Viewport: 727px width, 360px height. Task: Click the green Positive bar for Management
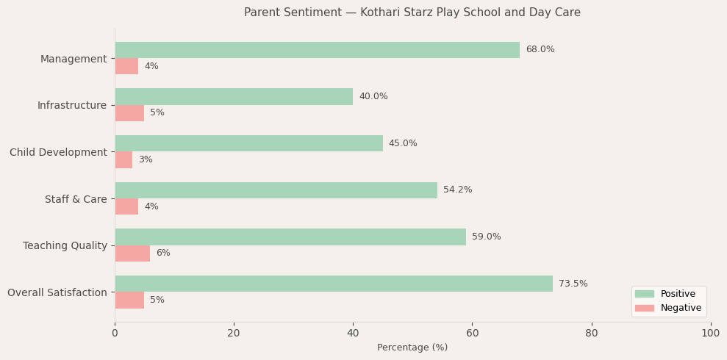click(317, 50)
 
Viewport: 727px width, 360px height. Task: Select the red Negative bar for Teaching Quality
click(132, 253)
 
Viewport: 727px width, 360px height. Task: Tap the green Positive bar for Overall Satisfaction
click(334, 284)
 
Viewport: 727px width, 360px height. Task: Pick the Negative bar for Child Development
click(123, 160)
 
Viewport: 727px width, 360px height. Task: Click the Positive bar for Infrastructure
click(234, 97)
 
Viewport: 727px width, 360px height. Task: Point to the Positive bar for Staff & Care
click(276, 190)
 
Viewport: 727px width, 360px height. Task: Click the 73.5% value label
click(573, 284)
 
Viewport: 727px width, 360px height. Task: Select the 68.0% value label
click(540, 50)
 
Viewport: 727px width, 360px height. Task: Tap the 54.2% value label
click(457, 190)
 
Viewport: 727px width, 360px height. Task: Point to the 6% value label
click(162, 253)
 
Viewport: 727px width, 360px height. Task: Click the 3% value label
click(145, 160)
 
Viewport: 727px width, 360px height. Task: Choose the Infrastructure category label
click(72, 105)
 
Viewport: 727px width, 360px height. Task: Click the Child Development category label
click(58, 152)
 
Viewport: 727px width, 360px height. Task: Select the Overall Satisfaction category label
click(57, 292)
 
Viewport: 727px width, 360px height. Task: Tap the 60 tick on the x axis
click(472, 333)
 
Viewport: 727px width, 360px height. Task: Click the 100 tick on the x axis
click(710, 333)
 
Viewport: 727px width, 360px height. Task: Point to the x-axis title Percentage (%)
click(412, 348)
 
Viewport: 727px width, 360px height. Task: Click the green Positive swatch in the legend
click(644, 294)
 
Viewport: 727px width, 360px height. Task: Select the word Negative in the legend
click(681, 308)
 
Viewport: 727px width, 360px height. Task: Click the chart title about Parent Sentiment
click(412, 12)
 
